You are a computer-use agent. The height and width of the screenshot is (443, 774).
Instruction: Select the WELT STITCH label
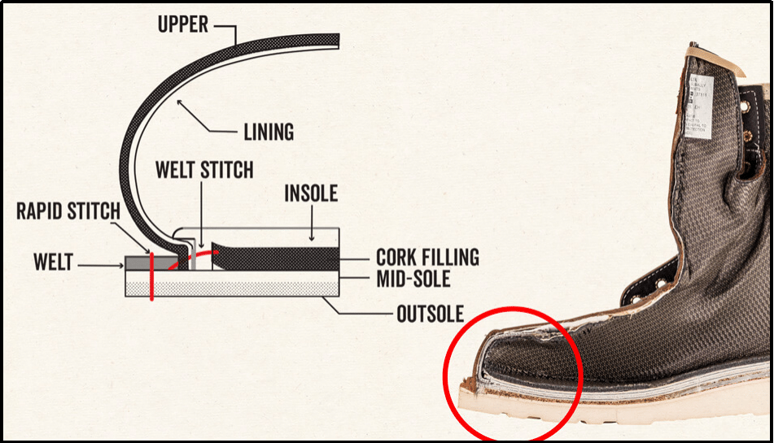pyautogui.click(x=204, y=171)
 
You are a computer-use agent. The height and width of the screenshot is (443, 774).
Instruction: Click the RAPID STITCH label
pyautogui.click(x=68, y=213)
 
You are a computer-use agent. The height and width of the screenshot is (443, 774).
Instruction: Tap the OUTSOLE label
pyautogui.click(x=430, y=314)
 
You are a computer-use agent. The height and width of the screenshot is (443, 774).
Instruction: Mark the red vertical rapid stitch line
pyautogui.click(x=151, y=277)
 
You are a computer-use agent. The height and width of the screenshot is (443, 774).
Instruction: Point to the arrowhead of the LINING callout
pyautogui.click(x=177, y=100)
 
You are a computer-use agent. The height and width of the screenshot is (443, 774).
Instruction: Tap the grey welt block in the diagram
pyautogui.click(x=137, y=263)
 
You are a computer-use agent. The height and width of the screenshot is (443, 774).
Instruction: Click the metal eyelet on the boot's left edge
pyautogui.click(x=660, y=284)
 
